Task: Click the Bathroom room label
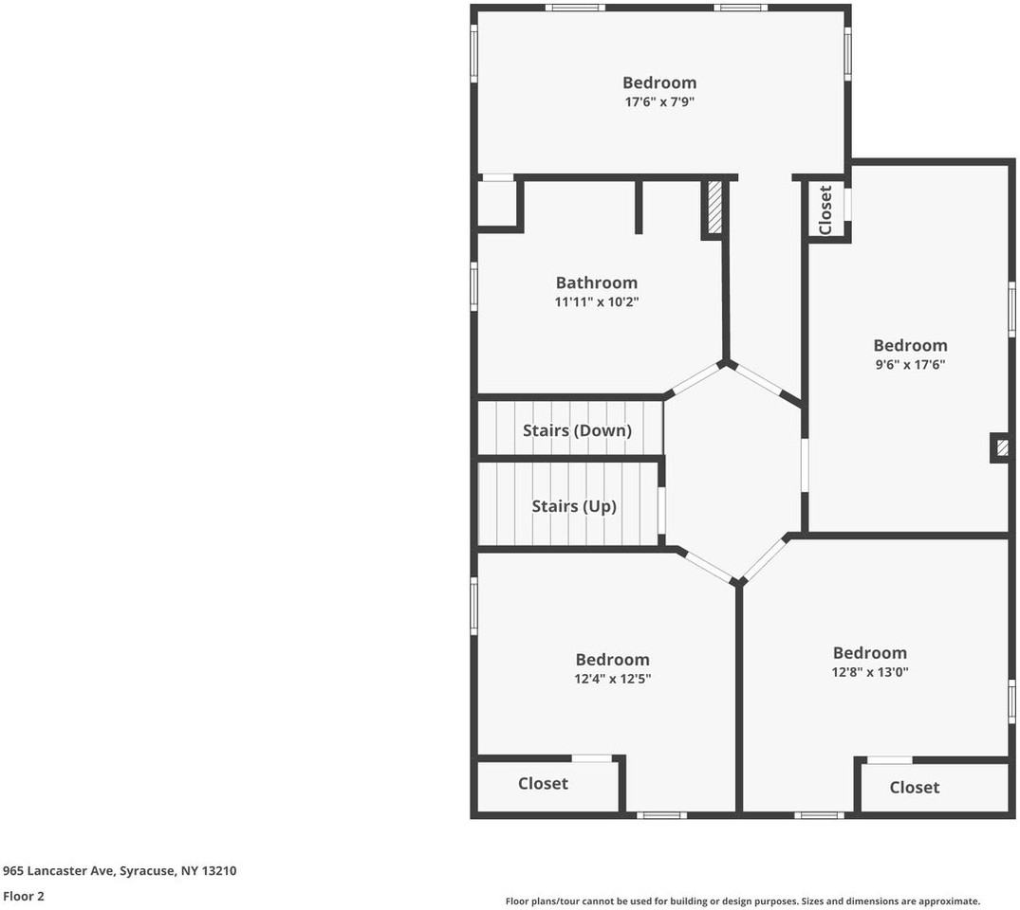(597, 282)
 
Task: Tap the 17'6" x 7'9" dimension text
(660, 102)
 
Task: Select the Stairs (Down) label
(577, 430)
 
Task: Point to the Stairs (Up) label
(574, 506)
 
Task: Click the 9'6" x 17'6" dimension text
(910, 365)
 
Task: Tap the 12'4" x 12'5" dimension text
(612, 680)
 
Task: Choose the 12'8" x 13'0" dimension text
(870, 672)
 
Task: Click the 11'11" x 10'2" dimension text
(597, 302)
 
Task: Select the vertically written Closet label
(825, 209)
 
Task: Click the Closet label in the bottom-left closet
(543, 784)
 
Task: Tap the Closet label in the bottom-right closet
(915, 788)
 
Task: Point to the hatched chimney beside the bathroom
(714, 208)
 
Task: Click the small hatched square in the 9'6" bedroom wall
(1002, 447)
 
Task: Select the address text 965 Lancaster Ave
(59, 871)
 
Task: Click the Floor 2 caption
(24, 897)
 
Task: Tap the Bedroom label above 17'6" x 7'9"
(659, 82)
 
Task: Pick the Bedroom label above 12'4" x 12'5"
(612, 660)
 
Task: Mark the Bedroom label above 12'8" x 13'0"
(870, 652)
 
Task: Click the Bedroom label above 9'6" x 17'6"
(910, 345)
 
